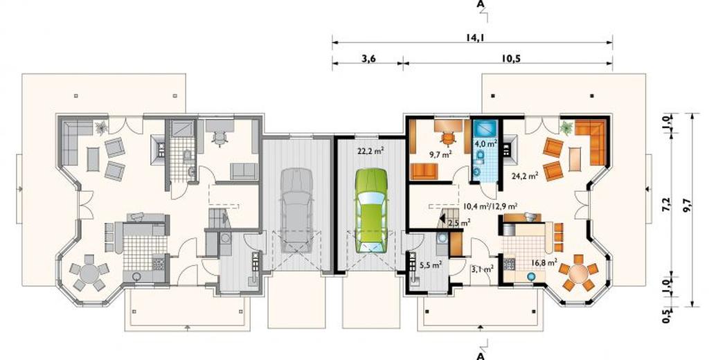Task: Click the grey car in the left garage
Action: pos(296,210)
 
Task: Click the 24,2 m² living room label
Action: pos(526,176)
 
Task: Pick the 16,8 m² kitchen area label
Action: pos(544,262)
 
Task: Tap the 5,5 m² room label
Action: pos(431,264)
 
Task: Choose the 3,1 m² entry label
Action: pos(482,269)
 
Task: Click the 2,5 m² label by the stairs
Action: pos(459,223)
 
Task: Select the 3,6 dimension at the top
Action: pos(368,58)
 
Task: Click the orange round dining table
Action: pos(579,273)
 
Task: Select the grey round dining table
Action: pos(89,274)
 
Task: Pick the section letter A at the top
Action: pos(480,4)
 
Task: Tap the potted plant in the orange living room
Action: pos(566,127)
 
